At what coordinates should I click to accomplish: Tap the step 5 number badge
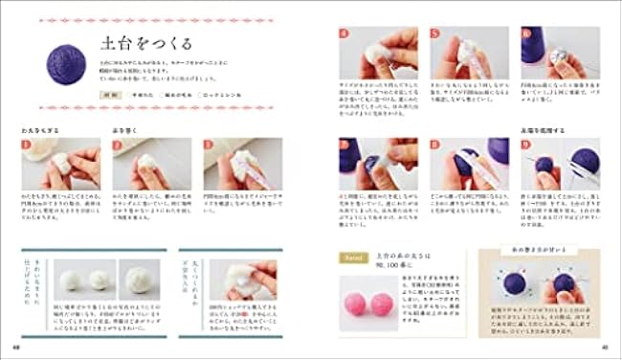[x=435, y=32]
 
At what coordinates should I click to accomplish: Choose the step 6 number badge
[x=526, y=32]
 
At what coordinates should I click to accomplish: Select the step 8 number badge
[x=435, y=144]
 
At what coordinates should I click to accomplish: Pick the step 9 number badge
[x=526, y=144]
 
